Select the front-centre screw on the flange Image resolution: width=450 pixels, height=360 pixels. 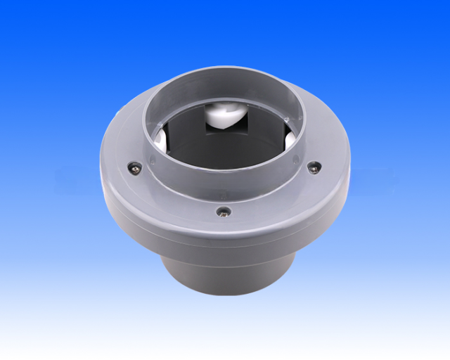[224, 211]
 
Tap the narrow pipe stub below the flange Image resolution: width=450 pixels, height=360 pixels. [225, 278]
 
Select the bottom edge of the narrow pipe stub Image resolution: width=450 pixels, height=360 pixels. [225, 307]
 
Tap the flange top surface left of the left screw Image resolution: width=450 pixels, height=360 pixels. [116, 158]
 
